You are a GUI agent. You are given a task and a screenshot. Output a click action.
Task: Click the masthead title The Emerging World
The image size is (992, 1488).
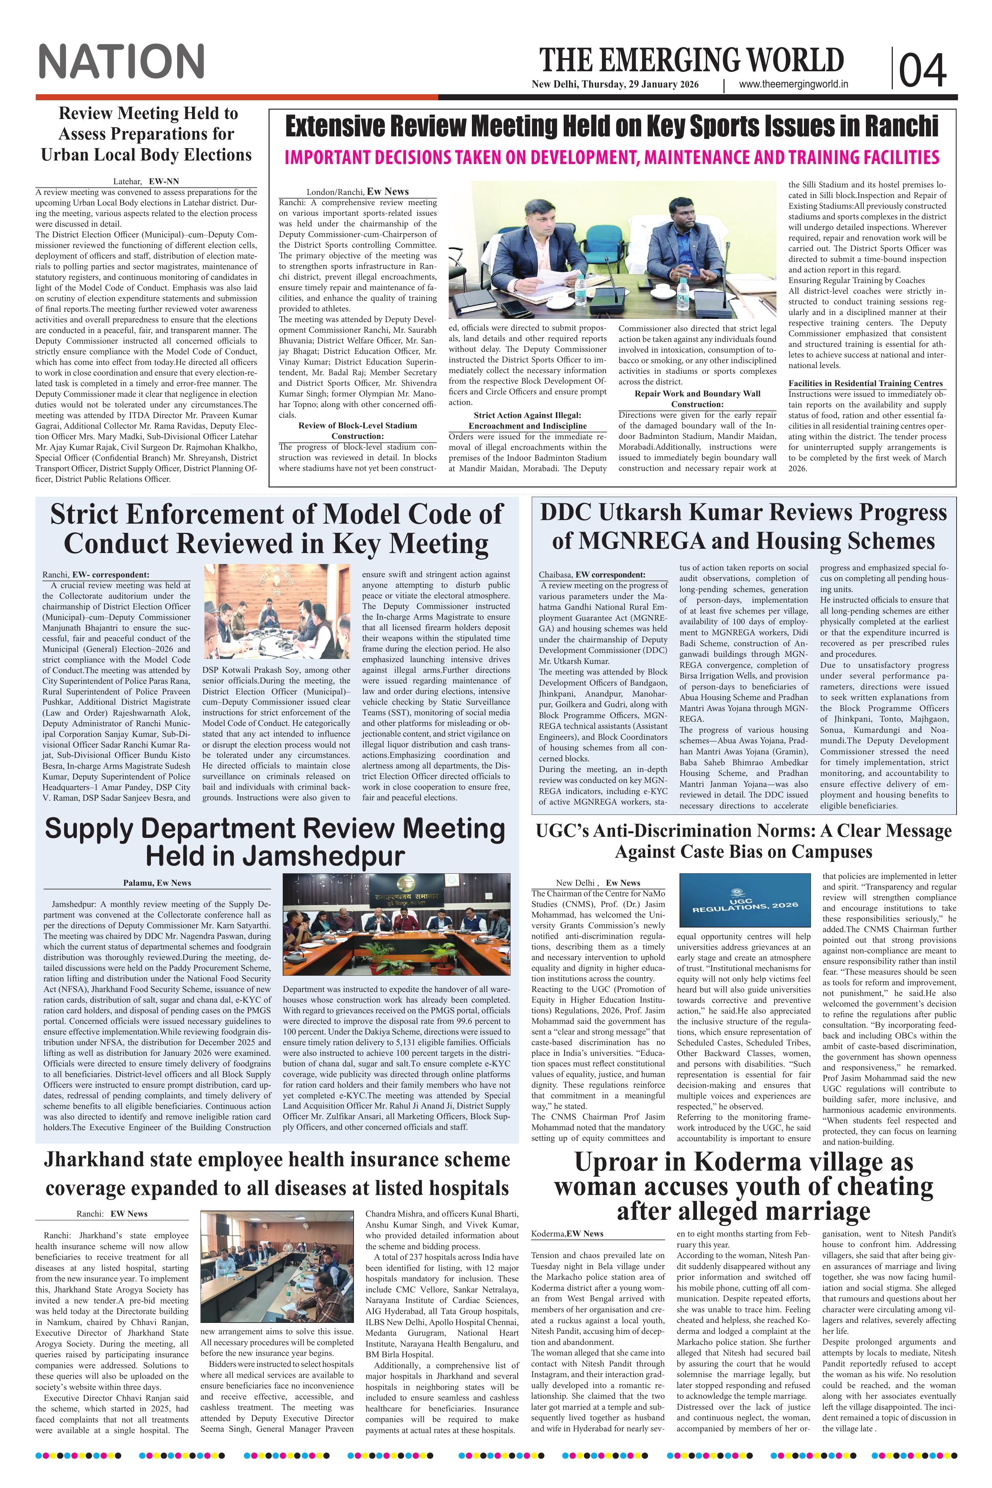pos(692,61)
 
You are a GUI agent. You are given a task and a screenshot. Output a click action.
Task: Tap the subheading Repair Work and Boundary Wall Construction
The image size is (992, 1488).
pos(697,399)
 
